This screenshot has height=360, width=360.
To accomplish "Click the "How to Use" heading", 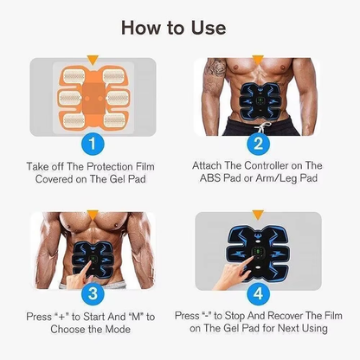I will click(180, 27).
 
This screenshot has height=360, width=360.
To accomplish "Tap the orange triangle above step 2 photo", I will click(256, 61).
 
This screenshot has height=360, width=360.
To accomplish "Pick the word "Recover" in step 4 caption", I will click(281, 316).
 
